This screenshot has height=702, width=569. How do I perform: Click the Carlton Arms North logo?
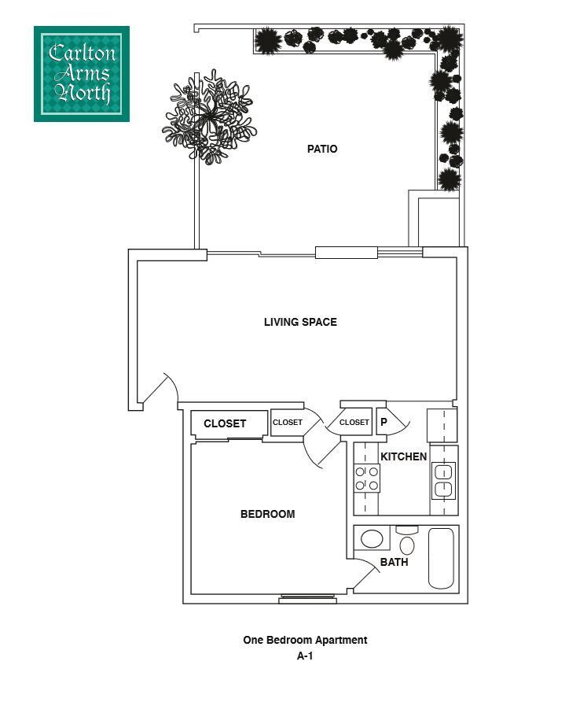click(81, 74)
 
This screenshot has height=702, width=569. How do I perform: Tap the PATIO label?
click(322, 149)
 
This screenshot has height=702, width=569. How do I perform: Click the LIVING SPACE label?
click(300, 322)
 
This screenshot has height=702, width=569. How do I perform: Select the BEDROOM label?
click(267, 514)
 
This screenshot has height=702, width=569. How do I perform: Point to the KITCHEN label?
click(403, 456)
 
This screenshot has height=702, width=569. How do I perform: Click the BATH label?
click(394, 562)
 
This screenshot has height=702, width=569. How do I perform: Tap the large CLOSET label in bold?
click(225, 423)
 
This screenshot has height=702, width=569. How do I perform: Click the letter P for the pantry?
click(384, 422)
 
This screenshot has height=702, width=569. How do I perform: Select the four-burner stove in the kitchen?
click(367, 478)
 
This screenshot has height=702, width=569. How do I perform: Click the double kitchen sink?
click(443, 481)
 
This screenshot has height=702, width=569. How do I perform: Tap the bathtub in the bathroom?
click(442, 558)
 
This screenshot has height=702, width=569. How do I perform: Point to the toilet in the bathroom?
click(406, 541)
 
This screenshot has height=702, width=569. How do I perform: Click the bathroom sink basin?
click(371, 539)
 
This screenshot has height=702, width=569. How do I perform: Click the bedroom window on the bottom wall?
click(307, 599)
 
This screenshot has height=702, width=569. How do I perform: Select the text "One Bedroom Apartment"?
click(305, 641)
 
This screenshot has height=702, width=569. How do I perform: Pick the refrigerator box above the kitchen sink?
click(442, 426)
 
